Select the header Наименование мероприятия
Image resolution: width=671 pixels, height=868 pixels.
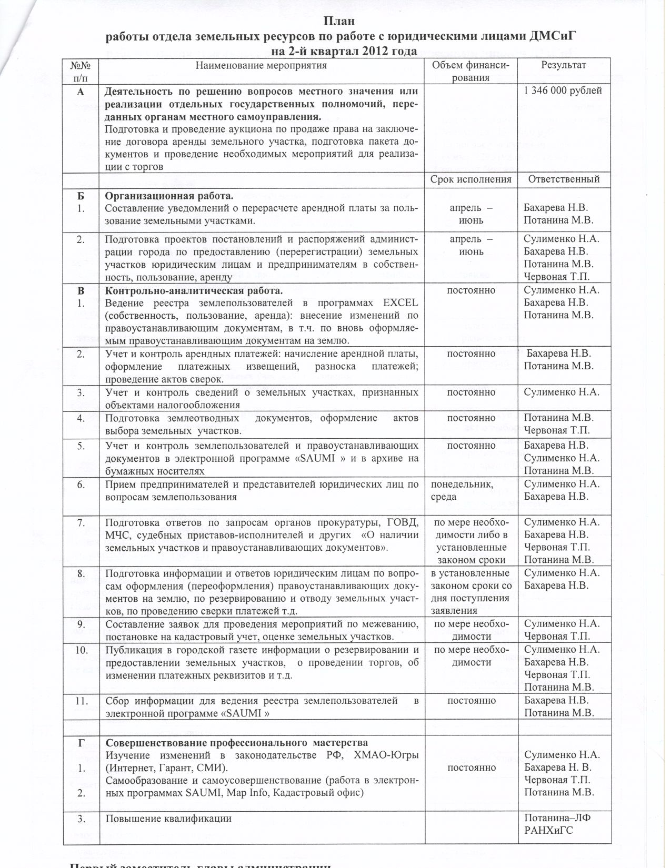tap(261, 65)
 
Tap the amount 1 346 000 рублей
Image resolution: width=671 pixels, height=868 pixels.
tap(563, 90)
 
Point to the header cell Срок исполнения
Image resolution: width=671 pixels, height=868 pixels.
tap(470, 179)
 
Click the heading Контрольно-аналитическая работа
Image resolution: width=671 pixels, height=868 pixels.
tap(194, 290)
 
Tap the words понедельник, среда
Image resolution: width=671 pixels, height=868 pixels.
tap(462, 490)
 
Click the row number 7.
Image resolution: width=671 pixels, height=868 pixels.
tap(81, 522)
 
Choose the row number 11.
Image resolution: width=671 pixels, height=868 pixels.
tap(81, 701)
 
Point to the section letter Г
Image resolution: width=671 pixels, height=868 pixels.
tap(81, 743)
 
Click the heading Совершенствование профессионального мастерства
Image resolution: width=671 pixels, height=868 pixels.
tap(237, 743)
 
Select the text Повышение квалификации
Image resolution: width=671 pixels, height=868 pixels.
tap(168, 819)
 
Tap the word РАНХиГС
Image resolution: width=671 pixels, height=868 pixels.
tap(548, 831)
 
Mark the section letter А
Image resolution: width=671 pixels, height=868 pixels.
tap(81, 91)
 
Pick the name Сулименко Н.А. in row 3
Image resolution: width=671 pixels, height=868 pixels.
tap(562, 392)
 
